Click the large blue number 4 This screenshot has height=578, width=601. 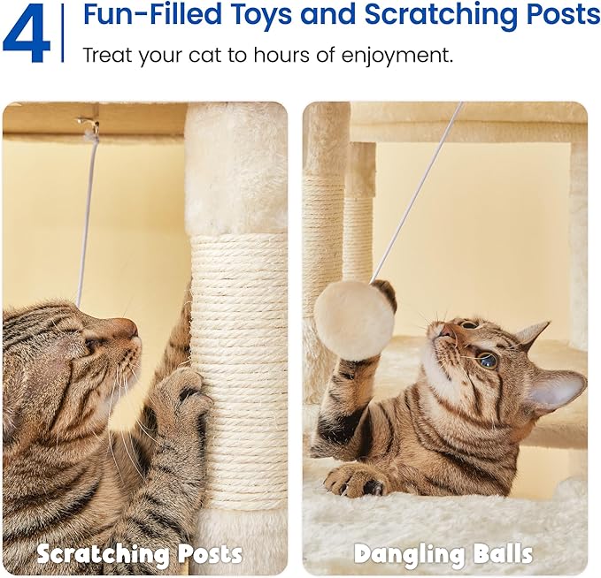[27, 34]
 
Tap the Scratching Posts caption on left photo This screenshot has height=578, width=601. [139, 554]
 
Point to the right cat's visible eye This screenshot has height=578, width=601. [487, 360]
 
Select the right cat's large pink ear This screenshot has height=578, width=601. [556, 389]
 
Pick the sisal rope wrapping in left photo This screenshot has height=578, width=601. [239, 371]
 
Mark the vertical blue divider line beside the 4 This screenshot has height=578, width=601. [63, 33]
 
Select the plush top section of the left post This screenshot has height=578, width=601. [235, 168]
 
